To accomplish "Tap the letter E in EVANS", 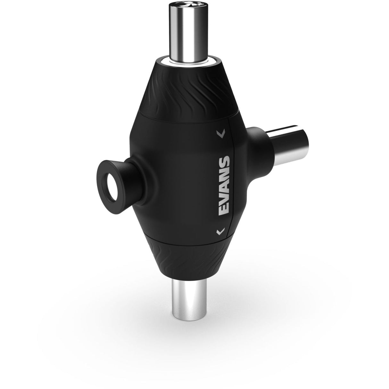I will point(223,209).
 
